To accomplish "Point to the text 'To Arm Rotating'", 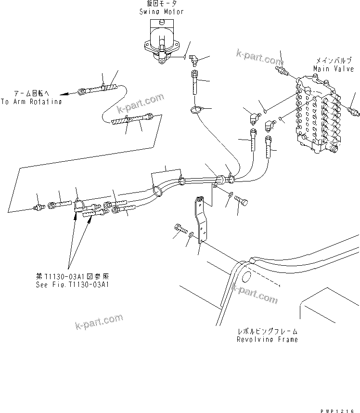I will point(31,102).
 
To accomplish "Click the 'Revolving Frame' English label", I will point(267,339).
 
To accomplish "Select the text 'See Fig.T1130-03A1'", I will point(73,284).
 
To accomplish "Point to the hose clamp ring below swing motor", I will point(196,111).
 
